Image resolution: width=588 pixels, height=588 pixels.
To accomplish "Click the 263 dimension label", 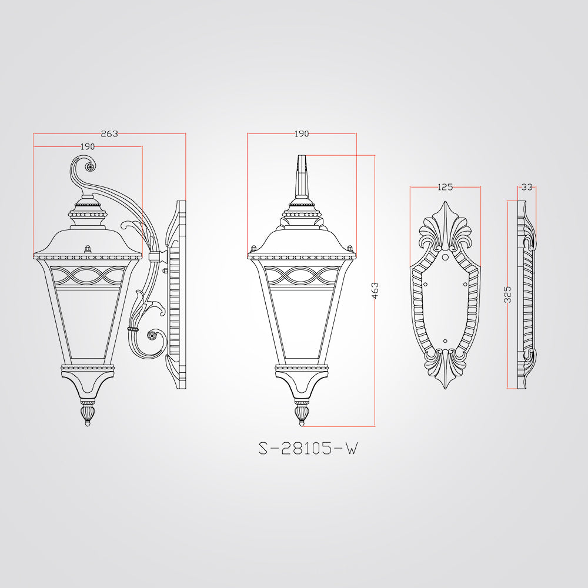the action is click(x=109, y=133).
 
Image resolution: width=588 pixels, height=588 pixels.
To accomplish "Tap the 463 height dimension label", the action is click(x=375, y=290).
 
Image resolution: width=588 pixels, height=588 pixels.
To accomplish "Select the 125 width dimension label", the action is click(x=445, y=187).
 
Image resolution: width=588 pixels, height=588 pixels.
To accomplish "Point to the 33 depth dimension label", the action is click(x=527, y=187).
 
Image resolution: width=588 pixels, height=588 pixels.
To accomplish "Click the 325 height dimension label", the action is click(x=507, y=295).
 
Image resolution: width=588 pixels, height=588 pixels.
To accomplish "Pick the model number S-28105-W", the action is click(x=308, y=448).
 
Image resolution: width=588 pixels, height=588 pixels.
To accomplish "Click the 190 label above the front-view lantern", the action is click(x=302, y=133).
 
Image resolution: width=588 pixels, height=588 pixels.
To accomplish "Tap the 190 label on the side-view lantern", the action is click(x=88, y=146).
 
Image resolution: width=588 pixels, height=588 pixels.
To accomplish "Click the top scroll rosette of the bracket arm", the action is click(x=89, y=166).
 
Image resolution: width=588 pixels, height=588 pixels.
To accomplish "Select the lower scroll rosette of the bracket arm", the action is click(x=152, y=335).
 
